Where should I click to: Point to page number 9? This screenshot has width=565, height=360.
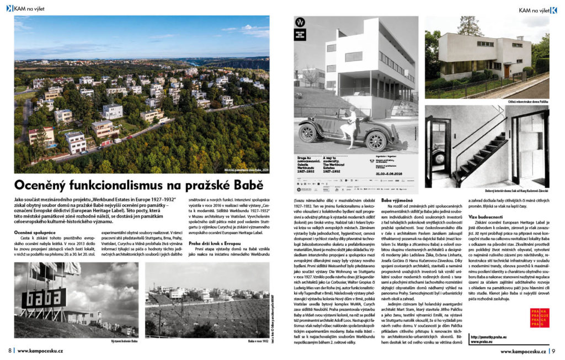pyautogui.click(x=553, y=351)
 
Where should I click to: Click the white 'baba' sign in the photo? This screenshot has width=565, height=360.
pyautogui.click(x=44, y=298)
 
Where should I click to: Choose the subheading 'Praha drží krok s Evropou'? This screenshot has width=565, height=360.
pyautogui.click(x=215, y=243)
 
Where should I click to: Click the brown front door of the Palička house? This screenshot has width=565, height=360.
pyautogui.click(x=506, y=71)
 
